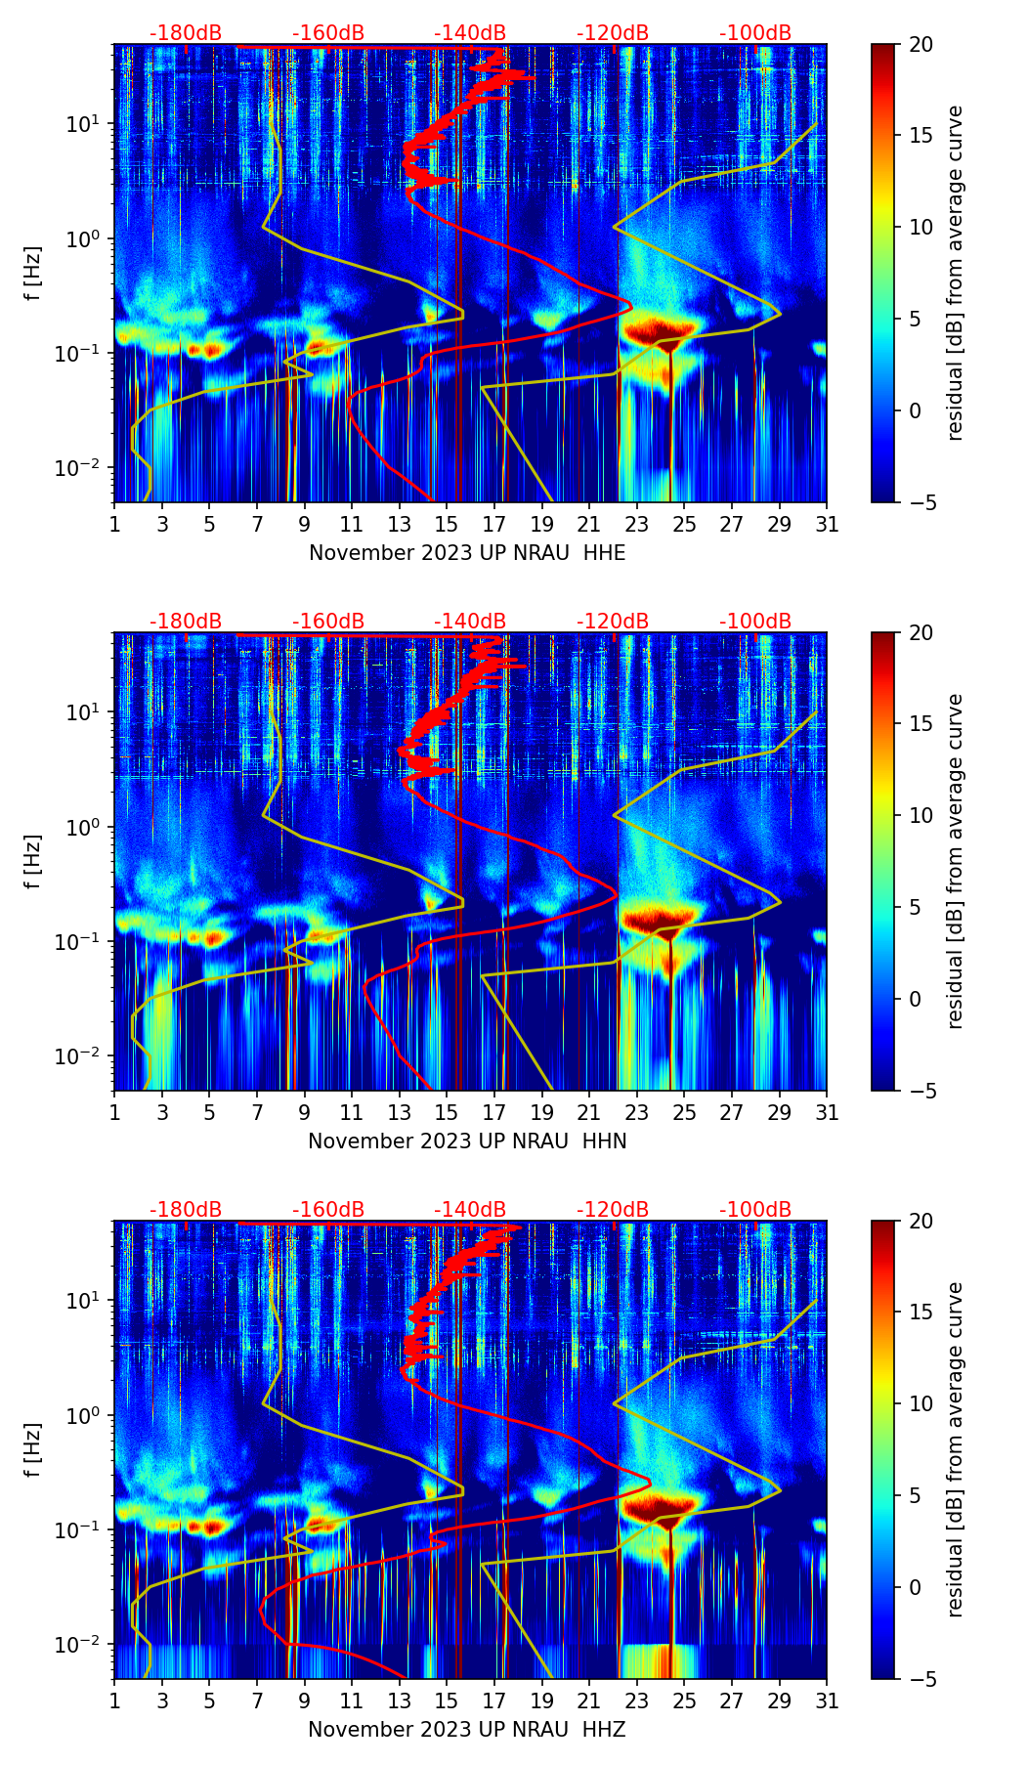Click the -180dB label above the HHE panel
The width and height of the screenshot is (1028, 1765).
[x=186, y=33]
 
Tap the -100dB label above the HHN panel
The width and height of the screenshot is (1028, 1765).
[x=755, y=622]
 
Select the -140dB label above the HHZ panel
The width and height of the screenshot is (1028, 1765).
[x=470, y=1210]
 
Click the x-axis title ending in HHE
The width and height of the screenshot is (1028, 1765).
[x=467, y=553]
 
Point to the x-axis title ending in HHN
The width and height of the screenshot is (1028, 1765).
[x=467, y=1141]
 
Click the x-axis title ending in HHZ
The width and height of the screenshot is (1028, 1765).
[x=467, y=1730]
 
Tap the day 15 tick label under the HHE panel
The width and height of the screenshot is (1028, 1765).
[x=447, y=525]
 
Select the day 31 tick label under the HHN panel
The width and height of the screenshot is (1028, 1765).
[x=827, y=1113]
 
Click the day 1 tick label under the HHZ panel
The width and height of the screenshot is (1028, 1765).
[x=114, y=1701]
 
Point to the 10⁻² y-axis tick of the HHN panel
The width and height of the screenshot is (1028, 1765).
[x=86, y=1056]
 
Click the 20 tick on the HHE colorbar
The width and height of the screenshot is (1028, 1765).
[x=921, y=44]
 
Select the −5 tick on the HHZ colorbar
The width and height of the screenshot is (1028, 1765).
[x=921, y=1679]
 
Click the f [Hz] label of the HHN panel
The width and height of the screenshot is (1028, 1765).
[x=33, y=861]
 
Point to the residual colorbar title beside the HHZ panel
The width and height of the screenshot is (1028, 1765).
[x=955, y=1449]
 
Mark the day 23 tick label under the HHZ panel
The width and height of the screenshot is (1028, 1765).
[x=637, y=1701]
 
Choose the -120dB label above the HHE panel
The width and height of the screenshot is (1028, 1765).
[x=613, y=33]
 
